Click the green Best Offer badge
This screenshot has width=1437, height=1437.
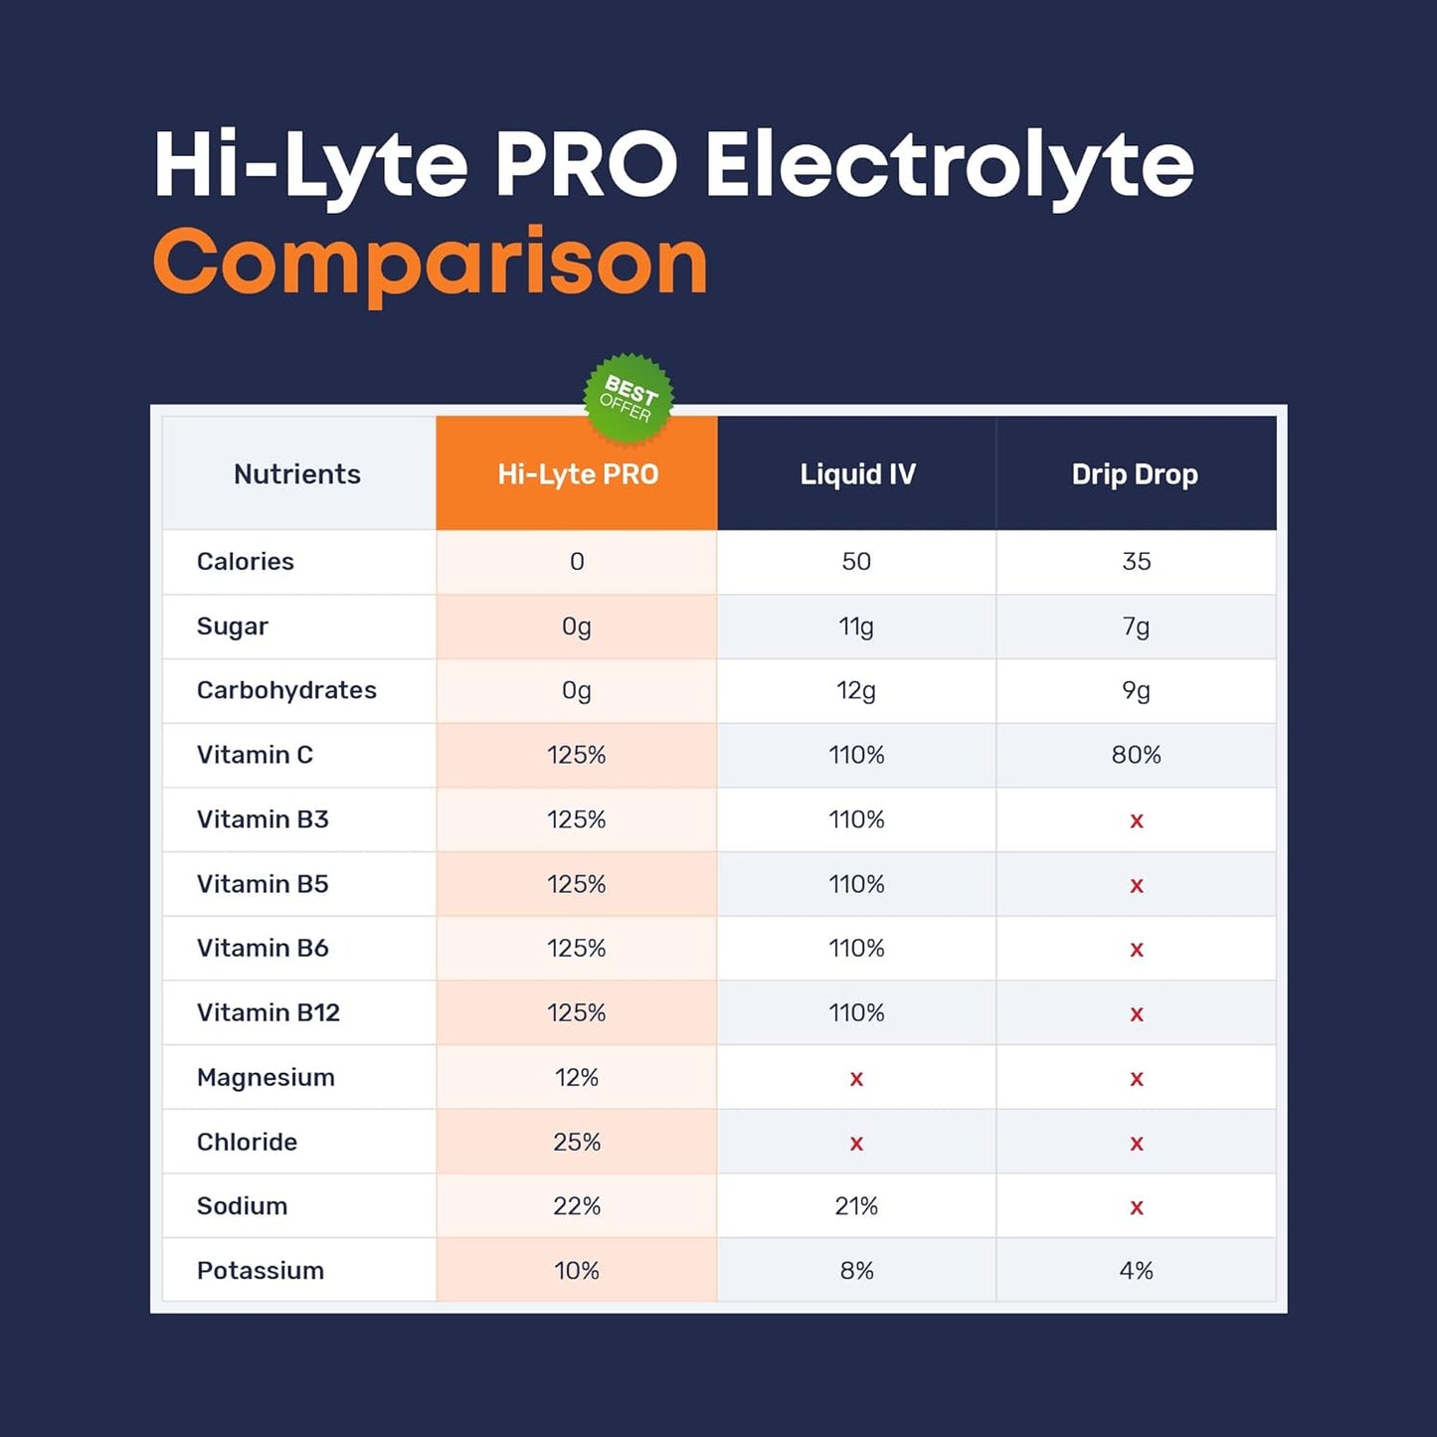(629, 399)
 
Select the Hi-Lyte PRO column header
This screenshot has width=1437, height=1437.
(577, 474)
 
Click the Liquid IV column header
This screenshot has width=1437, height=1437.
(857, 474)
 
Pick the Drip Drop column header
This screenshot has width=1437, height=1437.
(1135, 474)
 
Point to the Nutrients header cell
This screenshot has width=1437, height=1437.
(296, 474)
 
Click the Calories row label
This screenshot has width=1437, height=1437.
(246, 562)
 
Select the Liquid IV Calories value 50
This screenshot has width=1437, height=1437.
(856, 562)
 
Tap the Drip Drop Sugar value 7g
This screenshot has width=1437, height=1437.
(1136, 627)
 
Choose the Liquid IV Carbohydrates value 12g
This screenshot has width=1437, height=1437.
(856, 691)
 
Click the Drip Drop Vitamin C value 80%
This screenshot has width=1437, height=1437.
(1136, 755)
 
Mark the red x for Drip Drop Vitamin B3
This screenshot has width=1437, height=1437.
(1137, 821)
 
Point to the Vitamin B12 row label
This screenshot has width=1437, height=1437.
(269, 1012)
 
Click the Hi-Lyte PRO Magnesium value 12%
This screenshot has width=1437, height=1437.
(577, 1078)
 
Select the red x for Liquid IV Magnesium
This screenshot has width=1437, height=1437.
(856, 1079)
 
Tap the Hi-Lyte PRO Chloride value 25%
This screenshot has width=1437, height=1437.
(577, 1142)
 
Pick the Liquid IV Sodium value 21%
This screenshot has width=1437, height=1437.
(856, 1206)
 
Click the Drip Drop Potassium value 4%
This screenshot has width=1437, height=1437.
(1136, 1271)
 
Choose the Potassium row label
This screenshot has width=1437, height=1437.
(261, 1271)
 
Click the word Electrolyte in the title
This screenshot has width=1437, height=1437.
(949, 166)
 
